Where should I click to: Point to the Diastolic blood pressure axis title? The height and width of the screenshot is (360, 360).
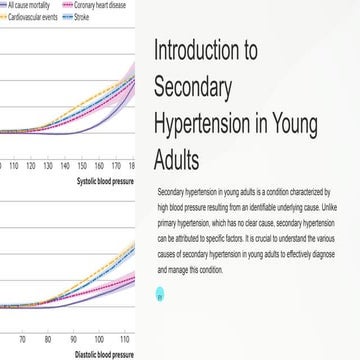point(105,354)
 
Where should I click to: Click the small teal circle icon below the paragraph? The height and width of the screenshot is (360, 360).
point(161,294)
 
